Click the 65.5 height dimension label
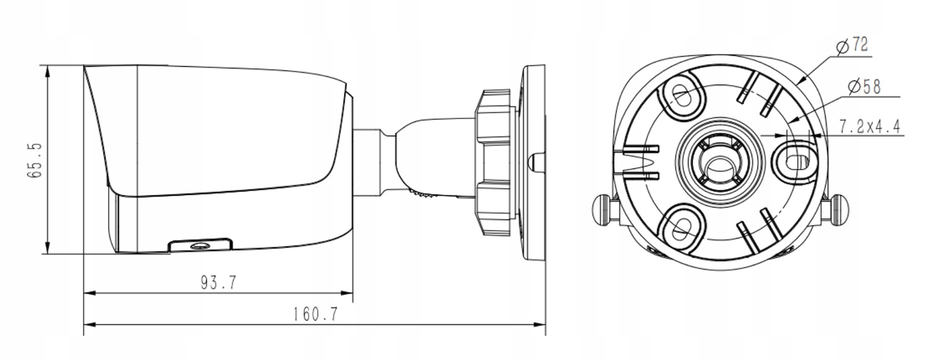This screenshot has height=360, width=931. [x=35, y=161]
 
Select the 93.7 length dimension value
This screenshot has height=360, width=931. [x=218, y=282]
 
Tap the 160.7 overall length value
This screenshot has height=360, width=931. [x=315, y=314]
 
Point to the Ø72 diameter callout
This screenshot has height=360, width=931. [x=852, y=45]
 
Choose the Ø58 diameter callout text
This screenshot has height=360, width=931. [x=865, y=87]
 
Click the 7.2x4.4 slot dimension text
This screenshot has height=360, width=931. [x=870, y=127]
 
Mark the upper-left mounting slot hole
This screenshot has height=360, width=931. [x=681, y=96]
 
